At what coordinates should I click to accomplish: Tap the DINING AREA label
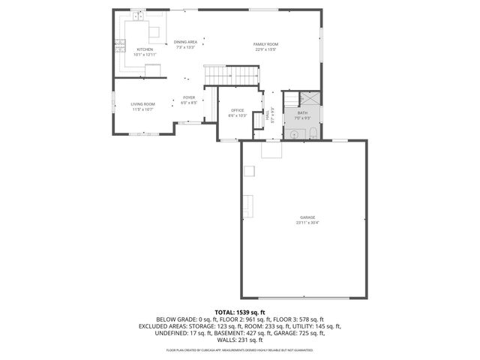(185, 42)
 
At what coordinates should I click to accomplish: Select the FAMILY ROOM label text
(265, 44)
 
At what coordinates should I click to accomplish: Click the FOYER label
(189, 97)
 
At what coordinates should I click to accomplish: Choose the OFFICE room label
(237, 110)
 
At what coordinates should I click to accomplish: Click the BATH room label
(302, 112)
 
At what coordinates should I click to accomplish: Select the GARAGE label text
(306, 217)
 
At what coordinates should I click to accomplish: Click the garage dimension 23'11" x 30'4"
(306, 223)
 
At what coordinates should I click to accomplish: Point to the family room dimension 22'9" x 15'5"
(265, 49)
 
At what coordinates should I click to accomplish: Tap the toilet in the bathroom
(312, 133)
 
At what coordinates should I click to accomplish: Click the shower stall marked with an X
(310, 98)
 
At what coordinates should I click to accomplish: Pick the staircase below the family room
(232, 75)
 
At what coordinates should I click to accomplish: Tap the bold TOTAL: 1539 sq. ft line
(240, 312)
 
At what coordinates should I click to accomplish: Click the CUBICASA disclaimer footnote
(240, 349)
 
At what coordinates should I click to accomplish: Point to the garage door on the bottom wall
(307, 298)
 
